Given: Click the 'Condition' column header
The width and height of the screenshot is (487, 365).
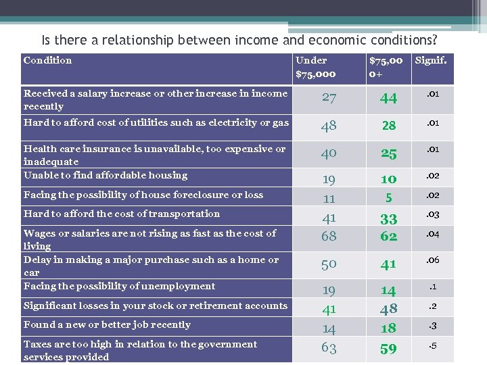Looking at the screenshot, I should click(x=47, y=60).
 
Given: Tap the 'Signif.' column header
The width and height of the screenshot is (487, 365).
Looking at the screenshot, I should click(x=431, y=60).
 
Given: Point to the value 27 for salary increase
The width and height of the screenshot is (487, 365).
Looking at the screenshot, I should click(x=329, y=97).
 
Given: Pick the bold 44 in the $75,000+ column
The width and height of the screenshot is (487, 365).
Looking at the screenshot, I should click(x=388, y=98).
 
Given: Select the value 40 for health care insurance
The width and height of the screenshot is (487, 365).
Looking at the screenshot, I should click(x=329, y=153).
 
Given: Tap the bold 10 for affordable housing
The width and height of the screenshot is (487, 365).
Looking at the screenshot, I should click(x=388, y=179).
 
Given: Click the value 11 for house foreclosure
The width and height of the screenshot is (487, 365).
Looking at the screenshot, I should click(x=329, y=199).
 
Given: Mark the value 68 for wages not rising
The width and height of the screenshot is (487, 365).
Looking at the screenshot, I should click(x=329, y=236).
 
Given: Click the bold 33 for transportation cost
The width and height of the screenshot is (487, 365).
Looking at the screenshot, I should click(x=388, y=219).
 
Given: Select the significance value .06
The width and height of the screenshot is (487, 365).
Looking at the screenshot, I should click(x=431, y=260).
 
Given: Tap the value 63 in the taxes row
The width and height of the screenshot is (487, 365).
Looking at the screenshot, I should click(x=329, y=349).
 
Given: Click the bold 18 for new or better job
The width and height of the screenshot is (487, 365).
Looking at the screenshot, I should click(x=388, y=328).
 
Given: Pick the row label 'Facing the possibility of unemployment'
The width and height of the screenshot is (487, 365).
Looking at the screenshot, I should click(x=119, y=286).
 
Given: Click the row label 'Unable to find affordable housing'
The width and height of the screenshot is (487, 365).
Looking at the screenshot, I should click(x=106, y=175).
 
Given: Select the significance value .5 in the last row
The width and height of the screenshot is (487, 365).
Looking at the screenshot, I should click(x=431, y=347).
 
